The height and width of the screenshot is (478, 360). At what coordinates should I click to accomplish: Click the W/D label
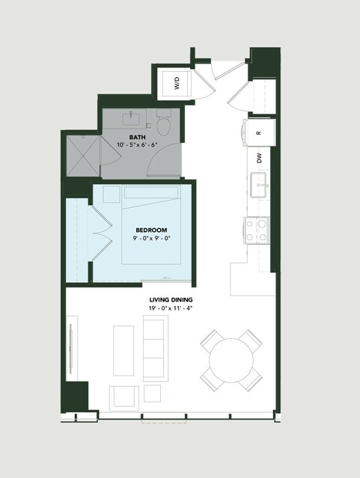pos(177,83)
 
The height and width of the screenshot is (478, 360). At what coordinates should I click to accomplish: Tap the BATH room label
pos(137,137)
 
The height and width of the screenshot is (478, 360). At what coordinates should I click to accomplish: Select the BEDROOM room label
pos(151,230)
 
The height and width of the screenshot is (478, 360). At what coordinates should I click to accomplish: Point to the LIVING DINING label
pos(171,300)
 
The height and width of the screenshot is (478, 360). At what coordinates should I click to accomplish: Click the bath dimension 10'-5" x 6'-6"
pos(137,144)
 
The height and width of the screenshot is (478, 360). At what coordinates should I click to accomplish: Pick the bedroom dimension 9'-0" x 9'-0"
pos(151,238)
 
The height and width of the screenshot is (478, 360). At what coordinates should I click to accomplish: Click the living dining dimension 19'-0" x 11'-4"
pos(171,308)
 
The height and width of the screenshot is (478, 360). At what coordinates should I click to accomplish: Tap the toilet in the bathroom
pos(164,123)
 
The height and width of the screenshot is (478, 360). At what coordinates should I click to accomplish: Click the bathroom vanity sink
pos(131,119)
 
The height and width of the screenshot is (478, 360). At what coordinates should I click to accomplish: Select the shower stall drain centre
pos(83,156)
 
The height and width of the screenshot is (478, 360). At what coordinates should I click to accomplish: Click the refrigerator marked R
pos(259,133)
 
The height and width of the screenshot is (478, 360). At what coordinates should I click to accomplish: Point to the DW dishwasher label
pos(259,158)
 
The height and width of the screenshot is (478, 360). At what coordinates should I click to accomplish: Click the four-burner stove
pos(256,230)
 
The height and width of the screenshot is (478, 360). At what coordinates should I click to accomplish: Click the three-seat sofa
pos(156,348)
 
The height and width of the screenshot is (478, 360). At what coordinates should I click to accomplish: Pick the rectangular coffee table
pos(123,351)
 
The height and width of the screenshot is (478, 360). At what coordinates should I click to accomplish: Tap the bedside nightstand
pos(112,194)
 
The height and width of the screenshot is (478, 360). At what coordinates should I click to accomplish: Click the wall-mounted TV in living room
pos(71,348)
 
